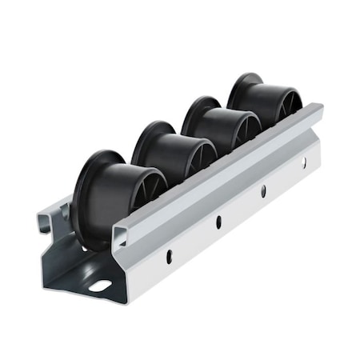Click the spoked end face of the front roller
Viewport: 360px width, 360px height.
(x=151, y=188)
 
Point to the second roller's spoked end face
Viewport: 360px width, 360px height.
(x=204, y=152)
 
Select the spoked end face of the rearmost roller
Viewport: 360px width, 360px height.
(x=291, y=101)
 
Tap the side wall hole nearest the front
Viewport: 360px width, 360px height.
(x=169, y=255)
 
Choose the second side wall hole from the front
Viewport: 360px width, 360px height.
(x=218, y=222)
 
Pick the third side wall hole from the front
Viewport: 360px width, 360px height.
(x=263, y=191)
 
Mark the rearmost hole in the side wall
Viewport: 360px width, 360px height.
(x=304, y=164)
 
